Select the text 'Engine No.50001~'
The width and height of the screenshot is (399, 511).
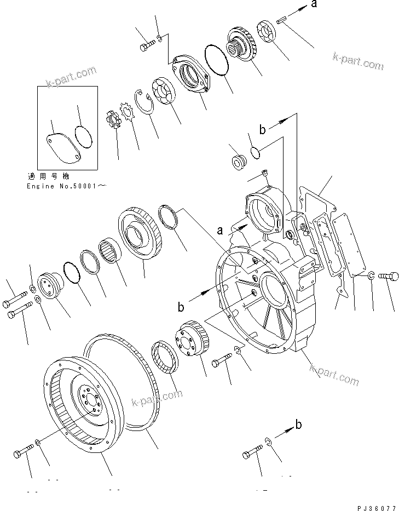click(x=66, y=186)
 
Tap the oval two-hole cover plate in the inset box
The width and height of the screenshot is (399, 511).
click(x=61, y=146)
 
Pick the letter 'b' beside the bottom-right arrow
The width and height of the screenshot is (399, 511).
click(x=298, y=424)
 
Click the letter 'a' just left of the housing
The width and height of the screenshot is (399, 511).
click(x=219, y=231)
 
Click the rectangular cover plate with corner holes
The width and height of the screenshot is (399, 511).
click(x=347, y=249)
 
